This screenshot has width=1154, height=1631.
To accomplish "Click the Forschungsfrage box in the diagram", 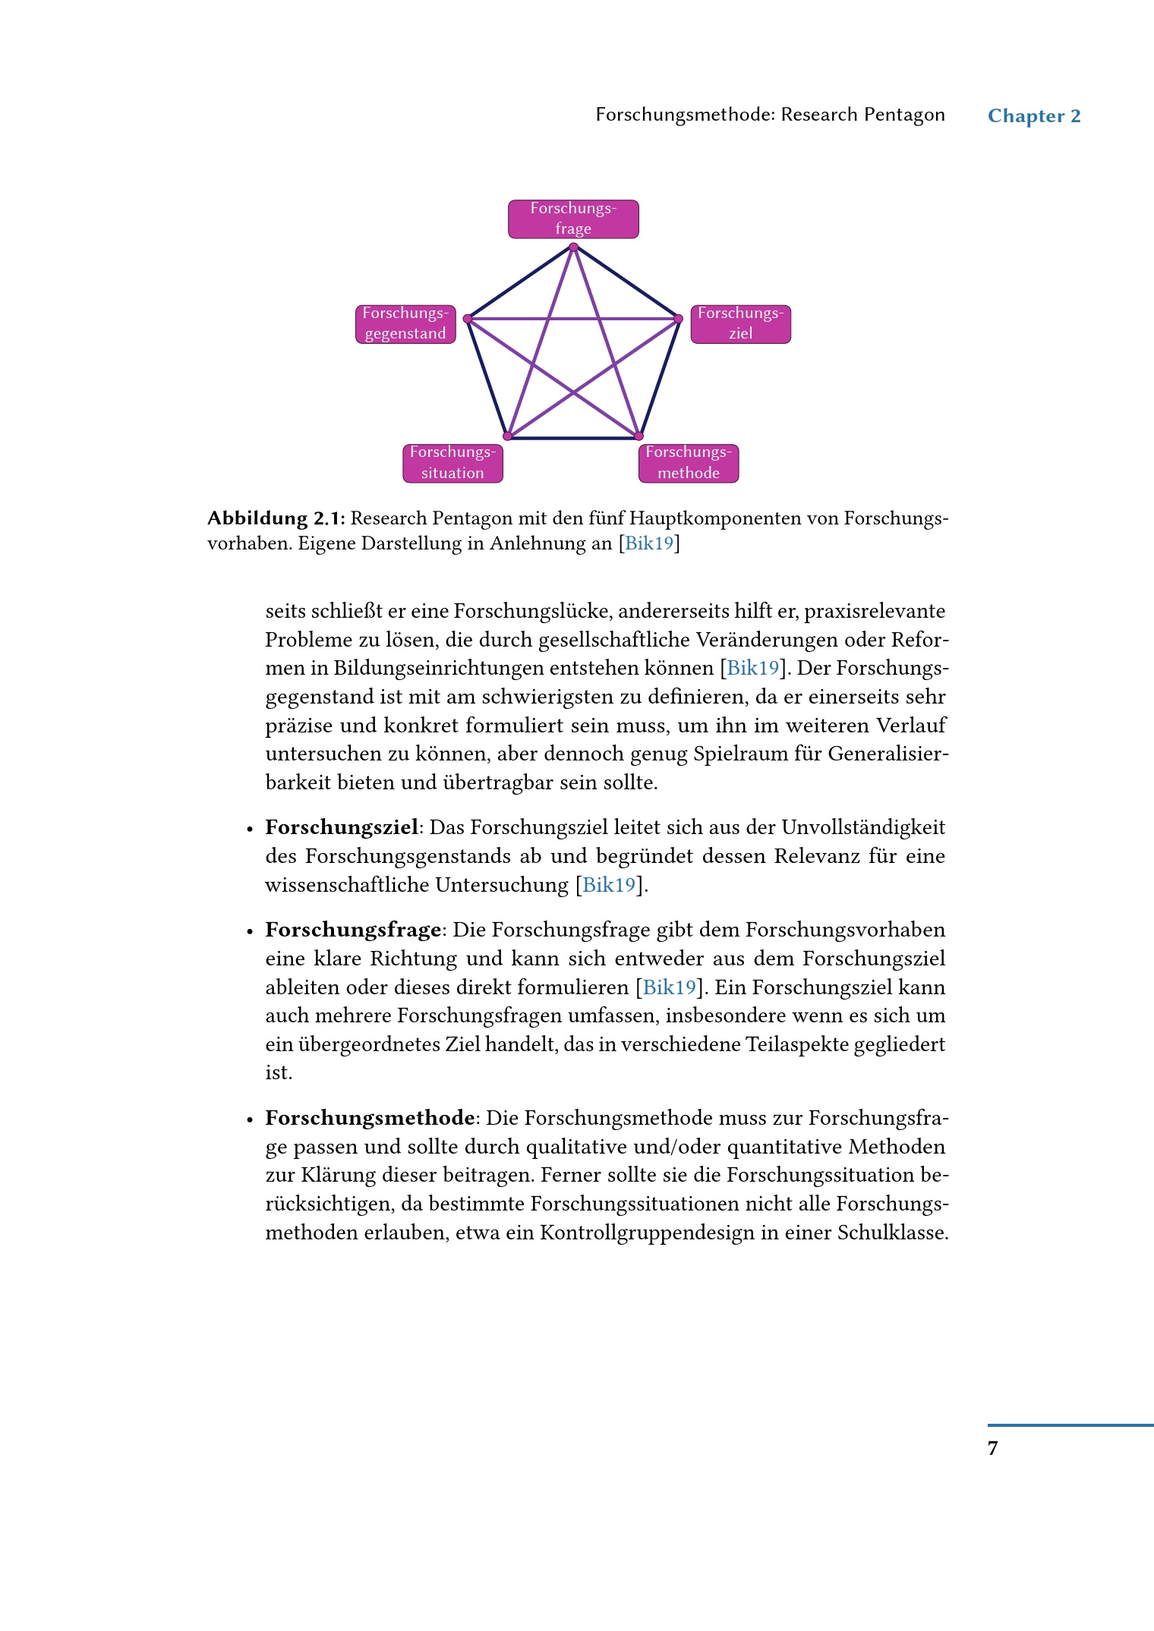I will pyautogui.click(x=573, y=219).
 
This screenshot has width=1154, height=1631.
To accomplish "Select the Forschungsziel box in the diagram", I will pyautogui.click(x=740, y=324).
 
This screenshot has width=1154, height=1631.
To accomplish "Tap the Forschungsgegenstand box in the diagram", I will pyautogui.click(x=405, y=324).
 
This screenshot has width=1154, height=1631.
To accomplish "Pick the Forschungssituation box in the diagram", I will pyautogui.click(x=452, y=463).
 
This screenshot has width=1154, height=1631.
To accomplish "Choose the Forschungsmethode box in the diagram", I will pyautogui.click(x=688, y=463).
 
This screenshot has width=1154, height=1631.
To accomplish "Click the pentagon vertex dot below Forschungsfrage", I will pyautogui.click(x=573, y=247).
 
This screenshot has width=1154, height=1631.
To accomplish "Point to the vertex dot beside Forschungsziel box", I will pyautogui.click(x=679, y=319).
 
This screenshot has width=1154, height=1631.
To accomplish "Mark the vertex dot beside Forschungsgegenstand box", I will pyautogui.click(x=468, y=319).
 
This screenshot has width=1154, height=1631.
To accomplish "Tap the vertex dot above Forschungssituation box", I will pyautogui.click(x=508, y=436).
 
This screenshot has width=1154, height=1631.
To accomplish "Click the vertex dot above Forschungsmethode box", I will pyautogui.click(x=638, y=436).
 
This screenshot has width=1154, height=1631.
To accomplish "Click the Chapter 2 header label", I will pyautogui.click(x=1034, y=116).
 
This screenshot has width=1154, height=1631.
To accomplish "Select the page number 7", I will pyautogui.click(x=992, y=1448).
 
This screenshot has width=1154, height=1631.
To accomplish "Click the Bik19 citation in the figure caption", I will pyautogui.click(x=649, y=543).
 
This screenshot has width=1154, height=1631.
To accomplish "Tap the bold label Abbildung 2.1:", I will pyautogui.click(x=276, y=518).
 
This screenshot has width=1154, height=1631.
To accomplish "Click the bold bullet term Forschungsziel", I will pyautogui.click(x=342, y=827).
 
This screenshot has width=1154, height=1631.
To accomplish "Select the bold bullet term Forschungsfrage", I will pyautogui.click(x=353, y=930).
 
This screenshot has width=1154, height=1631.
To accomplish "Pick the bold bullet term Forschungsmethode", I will pyautogui.click(x=370, y=1118).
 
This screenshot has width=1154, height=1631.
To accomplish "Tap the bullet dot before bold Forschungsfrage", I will pyautogui.click(x=250, y=931).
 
